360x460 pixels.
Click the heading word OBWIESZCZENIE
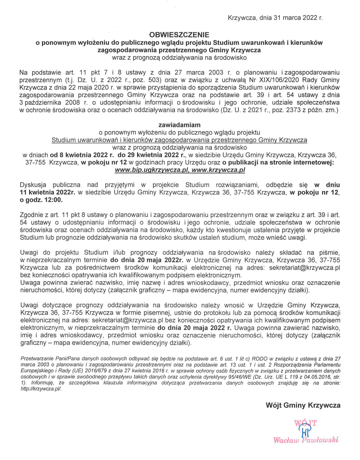tap(180, 34)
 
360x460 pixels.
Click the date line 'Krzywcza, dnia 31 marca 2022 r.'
tap(275, 18)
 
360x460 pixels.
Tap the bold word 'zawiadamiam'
tap(180, 125)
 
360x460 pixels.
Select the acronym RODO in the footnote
tap(248, 358)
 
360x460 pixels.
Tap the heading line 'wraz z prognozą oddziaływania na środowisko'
tap(180, 57)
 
